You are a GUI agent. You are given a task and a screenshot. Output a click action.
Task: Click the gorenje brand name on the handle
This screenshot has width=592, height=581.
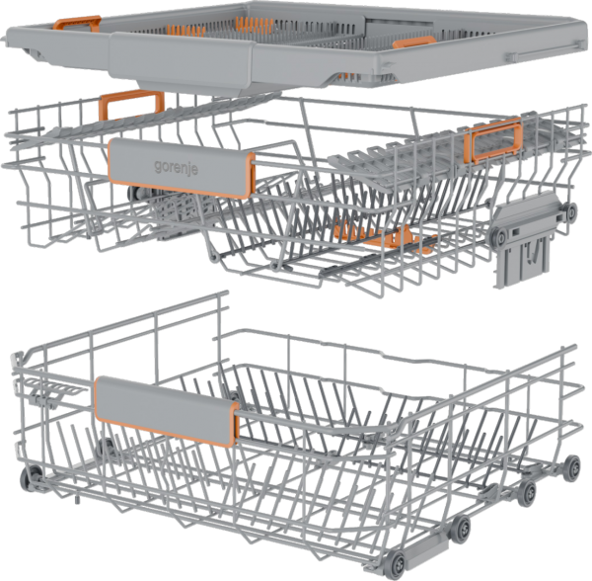176,167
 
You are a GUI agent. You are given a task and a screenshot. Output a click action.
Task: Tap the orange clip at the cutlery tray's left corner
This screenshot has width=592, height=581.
77,23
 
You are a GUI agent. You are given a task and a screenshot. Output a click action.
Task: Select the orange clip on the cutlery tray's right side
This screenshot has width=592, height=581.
414,42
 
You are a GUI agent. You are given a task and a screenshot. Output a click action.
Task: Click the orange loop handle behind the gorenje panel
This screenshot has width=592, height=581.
131,105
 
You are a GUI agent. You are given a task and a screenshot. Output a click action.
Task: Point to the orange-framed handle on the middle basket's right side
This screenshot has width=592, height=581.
493,140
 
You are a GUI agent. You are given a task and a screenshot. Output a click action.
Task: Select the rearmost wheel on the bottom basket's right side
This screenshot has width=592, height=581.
573,468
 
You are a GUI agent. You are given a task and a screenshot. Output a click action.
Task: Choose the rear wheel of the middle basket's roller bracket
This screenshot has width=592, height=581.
570,209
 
